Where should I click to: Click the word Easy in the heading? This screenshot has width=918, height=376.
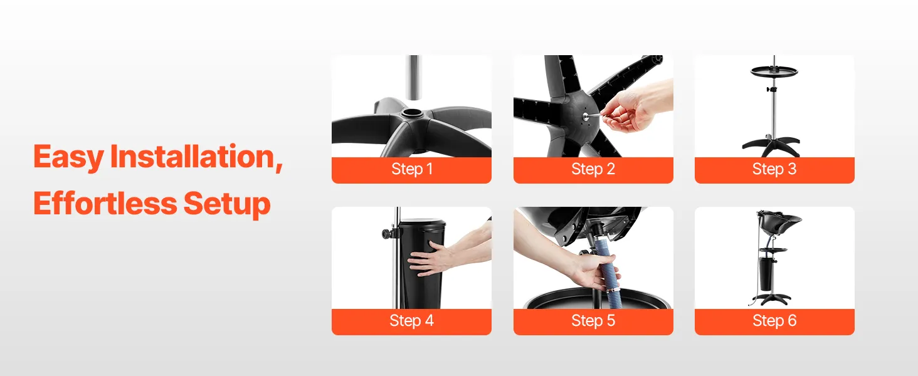coord(68,157)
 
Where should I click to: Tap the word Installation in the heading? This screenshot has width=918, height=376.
coord(196,157)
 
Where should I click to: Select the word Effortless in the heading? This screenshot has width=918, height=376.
coord(105,203)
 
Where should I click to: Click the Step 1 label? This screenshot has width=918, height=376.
coord(412,169)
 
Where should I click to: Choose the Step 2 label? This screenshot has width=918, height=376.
coord(593,169)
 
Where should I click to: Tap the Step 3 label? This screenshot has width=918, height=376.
coord(774,169)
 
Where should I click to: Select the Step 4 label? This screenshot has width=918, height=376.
coord(411,321)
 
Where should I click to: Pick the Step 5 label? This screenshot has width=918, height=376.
coord(593,321)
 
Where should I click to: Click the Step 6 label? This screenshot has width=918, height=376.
coord(774,321)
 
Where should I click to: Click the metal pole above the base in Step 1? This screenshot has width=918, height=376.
coord(414,77)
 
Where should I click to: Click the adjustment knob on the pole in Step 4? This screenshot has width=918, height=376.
coord(388,234)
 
